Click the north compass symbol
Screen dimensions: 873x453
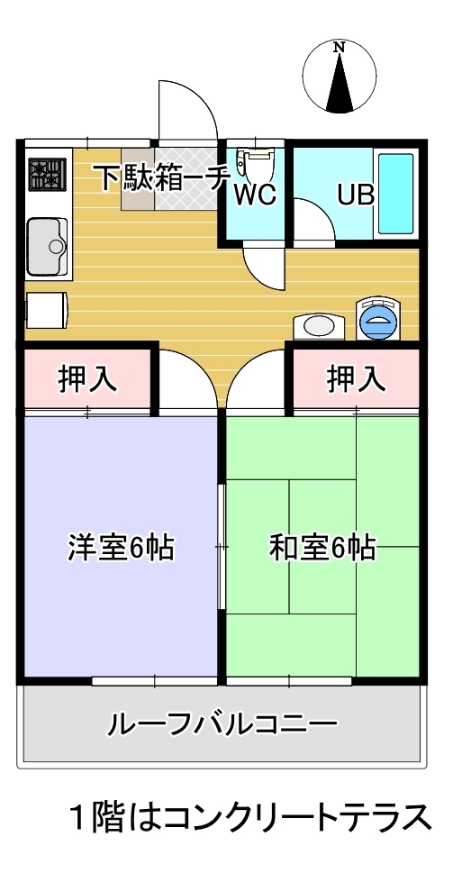click(x=340, y=77)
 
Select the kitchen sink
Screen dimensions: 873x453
click(x=48, y=245)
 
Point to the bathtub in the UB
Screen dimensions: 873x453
click(x=394, y=193)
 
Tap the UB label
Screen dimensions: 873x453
click(x=355, y=195)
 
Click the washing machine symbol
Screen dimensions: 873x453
click(x=378, y=319)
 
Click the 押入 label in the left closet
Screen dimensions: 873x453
click(x=88, y=379)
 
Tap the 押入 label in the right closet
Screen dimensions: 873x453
click(x=356, y=379)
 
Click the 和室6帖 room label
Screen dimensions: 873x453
click(x=322, y=547)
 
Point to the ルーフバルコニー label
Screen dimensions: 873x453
click(x=222, y=723)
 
